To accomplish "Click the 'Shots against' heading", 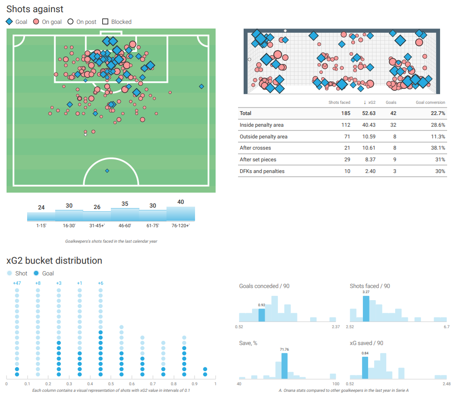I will [x=35, y=9].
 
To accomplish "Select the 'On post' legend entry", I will [x=82, y=22].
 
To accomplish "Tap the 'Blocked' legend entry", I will [x=117, y=22].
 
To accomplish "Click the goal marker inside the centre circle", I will [x=107, y=171].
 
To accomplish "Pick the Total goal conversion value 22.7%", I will [x=438, y=113].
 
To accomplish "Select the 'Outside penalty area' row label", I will [x=263, y=137].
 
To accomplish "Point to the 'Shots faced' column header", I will [x=339, y=102].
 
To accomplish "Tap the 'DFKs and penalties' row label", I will [x=262, y=171].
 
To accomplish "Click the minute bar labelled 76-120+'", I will [x=181, y=214].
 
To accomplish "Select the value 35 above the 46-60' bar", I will [x=124, y=204].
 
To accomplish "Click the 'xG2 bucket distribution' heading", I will [x=54, y=260].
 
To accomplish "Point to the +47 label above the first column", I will [x=17, y=283].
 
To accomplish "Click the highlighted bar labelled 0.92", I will [x=261, y=315].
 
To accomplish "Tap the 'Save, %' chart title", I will [x=248, y=343].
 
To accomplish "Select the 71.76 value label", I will [x=284, y=349].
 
